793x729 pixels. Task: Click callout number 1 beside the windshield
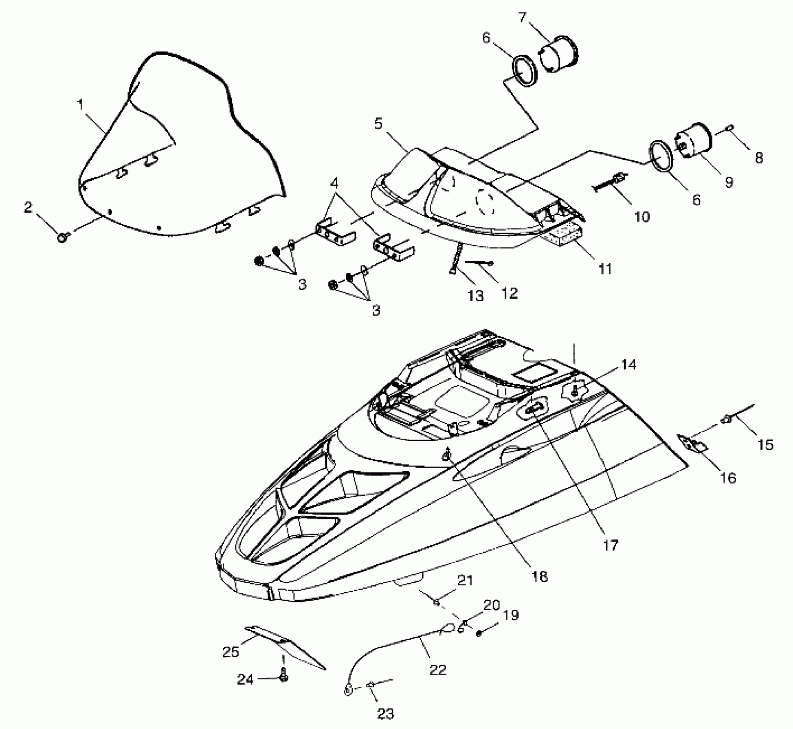[x=80, y=105]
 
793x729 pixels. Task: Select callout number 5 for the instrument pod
[x=378, y=124]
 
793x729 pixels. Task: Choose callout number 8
[x=759, y=158]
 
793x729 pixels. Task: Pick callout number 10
[x=642, y=217]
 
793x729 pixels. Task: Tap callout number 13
[x=475, y=295]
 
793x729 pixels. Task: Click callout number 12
[x=510, y=293]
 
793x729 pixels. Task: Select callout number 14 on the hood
[x=628, y=365]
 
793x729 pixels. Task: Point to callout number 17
[x=611, y=545]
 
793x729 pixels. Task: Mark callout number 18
[x=540, y=577]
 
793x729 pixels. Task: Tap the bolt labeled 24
[x=283, y=677]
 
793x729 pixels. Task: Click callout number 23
[x=385, y=714]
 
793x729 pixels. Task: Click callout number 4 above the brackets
[x=334, y=184]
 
